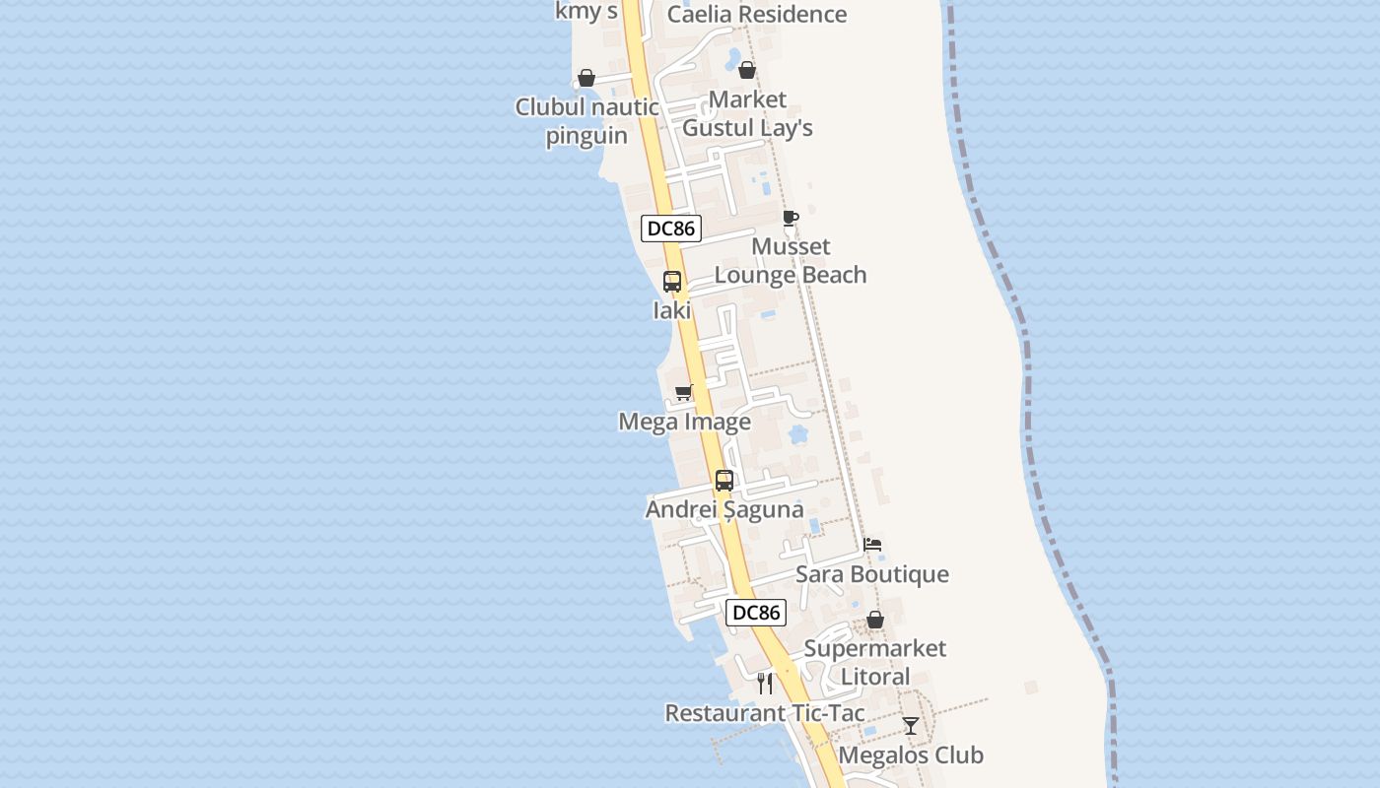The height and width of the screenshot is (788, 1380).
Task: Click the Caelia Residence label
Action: click(x=756, y=15)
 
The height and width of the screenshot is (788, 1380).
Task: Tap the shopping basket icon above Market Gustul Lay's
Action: click(x=747, y=70)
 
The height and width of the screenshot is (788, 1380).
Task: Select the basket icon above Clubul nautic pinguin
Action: click(x=586, y=78)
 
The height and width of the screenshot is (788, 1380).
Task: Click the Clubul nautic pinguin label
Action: click(x=587, y=121)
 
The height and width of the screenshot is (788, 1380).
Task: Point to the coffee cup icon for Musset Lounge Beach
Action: click(x=790, y=218)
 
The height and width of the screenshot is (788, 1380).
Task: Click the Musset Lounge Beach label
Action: click(x=791, y=261)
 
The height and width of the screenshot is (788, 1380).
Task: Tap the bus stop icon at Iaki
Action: click(x=672, y=282)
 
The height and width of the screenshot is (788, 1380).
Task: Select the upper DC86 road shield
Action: click(x=671, y=230)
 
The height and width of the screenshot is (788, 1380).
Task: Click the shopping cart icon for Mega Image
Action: click(x=684, y=393)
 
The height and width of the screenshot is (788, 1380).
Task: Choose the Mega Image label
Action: click(x=684, y=423)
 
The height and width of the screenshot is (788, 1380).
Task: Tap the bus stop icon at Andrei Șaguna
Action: click(x=724, y=481)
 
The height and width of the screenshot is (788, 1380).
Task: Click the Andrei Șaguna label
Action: click(x=724, y=510)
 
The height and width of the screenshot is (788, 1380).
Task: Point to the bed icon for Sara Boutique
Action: click(x=872, y=545)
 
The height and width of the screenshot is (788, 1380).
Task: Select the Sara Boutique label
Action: click(x=872, y=574)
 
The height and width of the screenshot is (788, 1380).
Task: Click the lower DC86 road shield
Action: click(x=756, y=613)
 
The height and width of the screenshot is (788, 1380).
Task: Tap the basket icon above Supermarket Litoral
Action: click(x=875, y=620)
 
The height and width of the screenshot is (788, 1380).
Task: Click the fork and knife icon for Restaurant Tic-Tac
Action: click(x=765, y=684)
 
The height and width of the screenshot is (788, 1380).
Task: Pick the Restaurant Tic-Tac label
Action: click(x=765, y=713)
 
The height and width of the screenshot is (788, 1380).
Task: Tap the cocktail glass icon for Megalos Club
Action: click(x=911, y=726)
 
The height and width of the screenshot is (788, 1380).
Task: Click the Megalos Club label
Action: click(x=911, y=755)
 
